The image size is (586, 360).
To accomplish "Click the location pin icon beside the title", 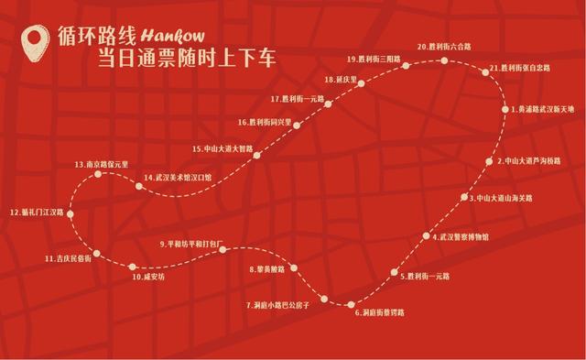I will (x=36, y=42).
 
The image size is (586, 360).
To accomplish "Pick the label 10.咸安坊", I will (x=146, y=276).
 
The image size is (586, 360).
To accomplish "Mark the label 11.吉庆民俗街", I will (x=68, y=259).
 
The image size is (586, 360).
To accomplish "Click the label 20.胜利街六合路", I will (x=444, y=46).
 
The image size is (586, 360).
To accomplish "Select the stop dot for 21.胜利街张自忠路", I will (x=483, y=70).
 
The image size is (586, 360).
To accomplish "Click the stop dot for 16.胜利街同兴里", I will (x=297, y=122).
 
